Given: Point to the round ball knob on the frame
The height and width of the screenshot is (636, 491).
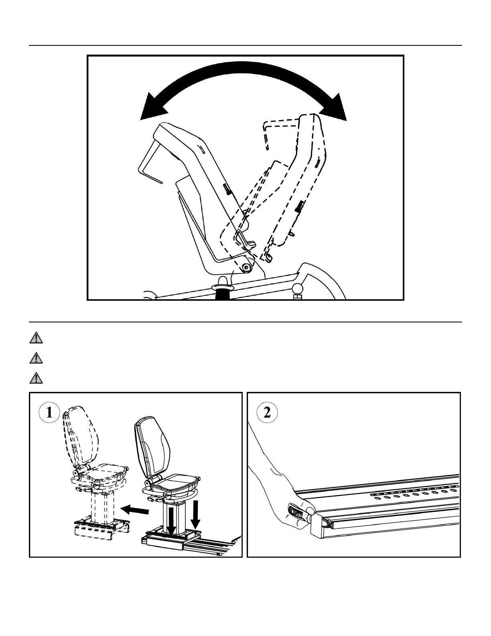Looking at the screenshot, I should [x=297, y=288].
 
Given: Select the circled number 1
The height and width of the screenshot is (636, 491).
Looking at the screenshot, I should [x=49, y=412].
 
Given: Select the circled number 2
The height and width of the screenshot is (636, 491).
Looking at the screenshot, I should [x=267, y=412].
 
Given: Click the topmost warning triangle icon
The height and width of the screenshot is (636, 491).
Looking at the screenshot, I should [x=36, y=338].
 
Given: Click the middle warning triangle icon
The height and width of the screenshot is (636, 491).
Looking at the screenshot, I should [x=36, y=358].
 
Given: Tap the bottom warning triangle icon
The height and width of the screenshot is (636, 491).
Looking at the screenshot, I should [x=36, y=377].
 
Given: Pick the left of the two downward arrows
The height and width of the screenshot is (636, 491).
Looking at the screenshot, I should [x=171, y=520].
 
